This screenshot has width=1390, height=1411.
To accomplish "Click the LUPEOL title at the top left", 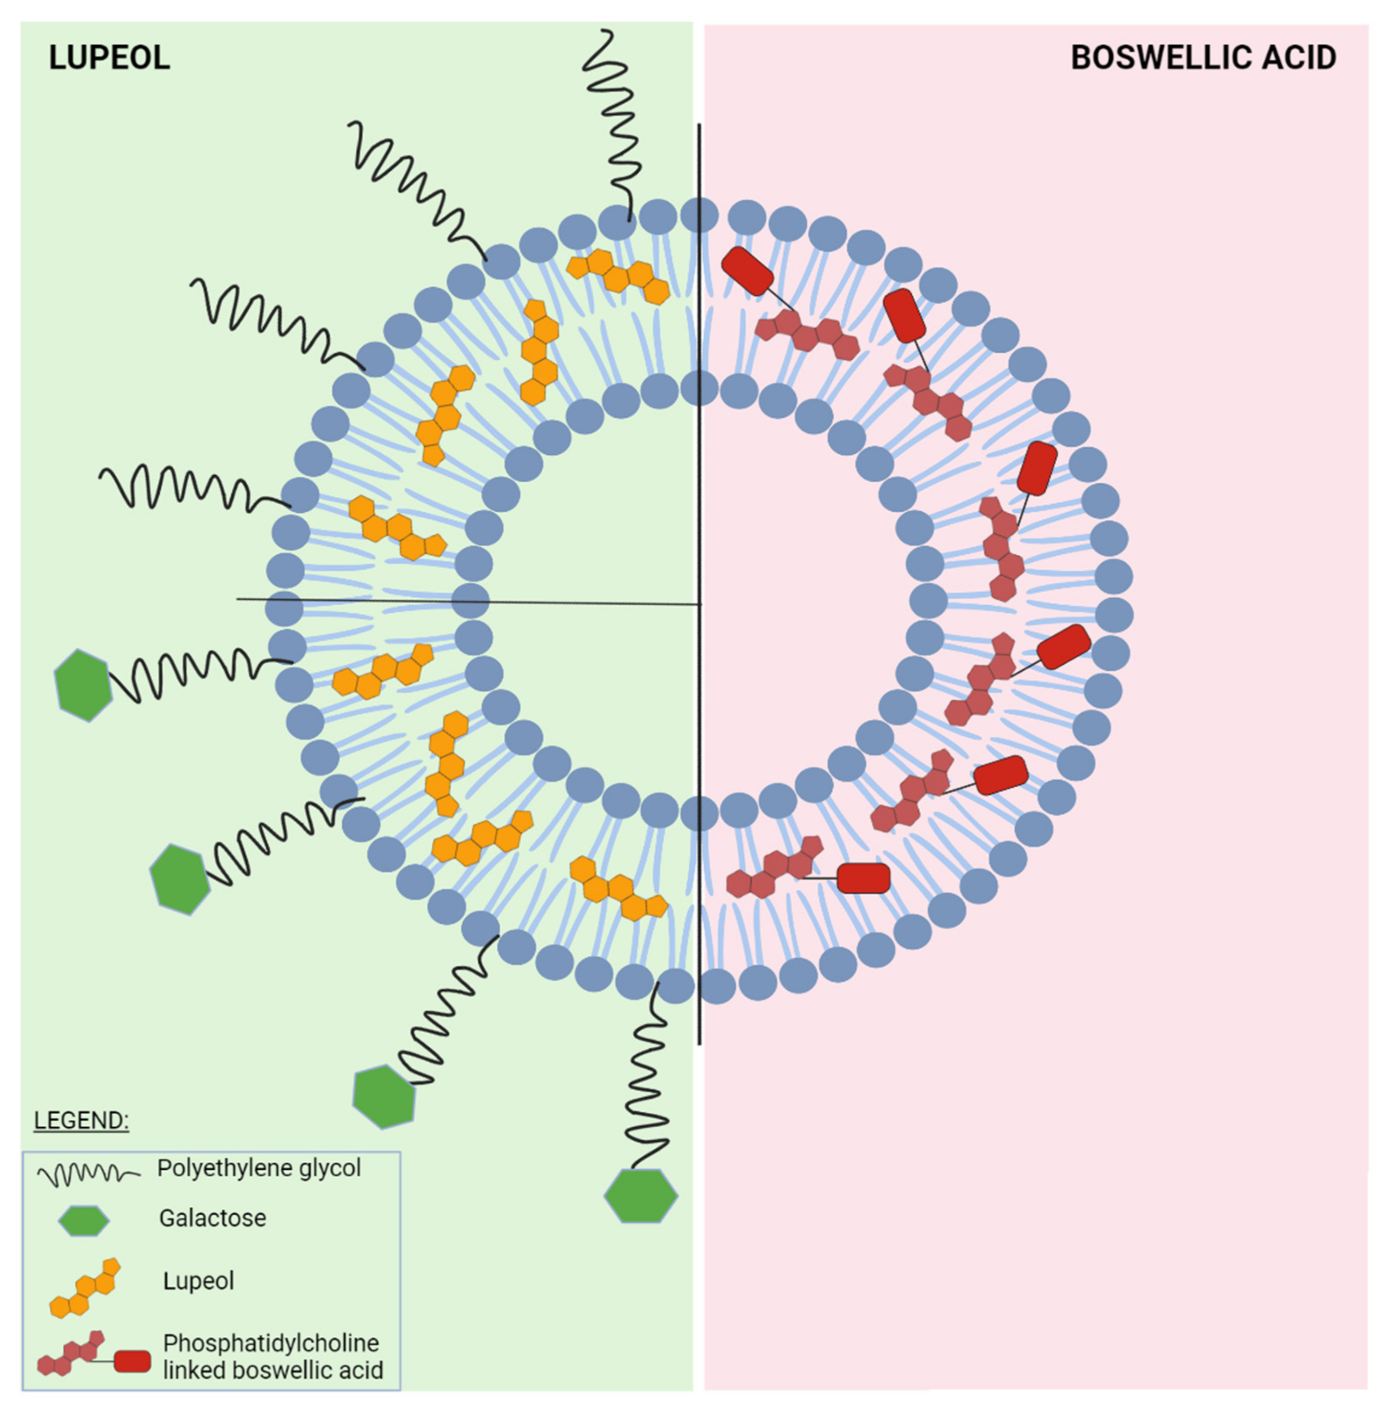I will point(109,58).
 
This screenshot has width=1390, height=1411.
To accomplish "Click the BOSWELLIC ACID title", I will point(1203,58).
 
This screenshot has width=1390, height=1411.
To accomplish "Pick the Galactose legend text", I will point(213,1218).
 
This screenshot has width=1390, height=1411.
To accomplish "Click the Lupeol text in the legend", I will point(199,1281).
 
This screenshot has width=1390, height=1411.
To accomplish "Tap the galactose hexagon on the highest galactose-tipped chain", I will point(83,685).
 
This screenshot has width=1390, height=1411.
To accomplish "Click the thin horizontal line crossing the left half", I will point(467,601).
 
